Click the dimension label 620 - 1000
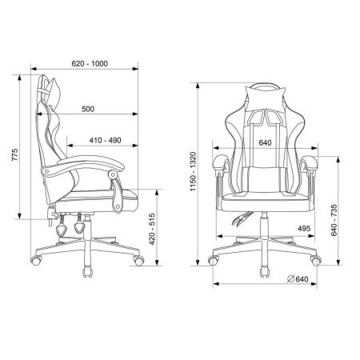click(x=90, y=64)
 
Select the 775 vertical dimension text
click(x=15, y=154)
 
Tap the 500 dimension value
click(x=88, y=109)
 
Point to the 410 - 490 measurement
click(x=105, y=140)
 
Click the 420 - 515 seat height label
click(x=152, y=229)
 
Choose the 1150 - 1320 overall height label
click(x=193, y=171)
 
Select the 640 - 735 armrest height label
click(x=334, y=220)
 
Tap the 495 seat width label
click(x=304, y=229)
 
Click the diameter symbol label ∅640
click(x=298, y=279)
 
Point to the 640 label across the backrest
click(x=266, y=142)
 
